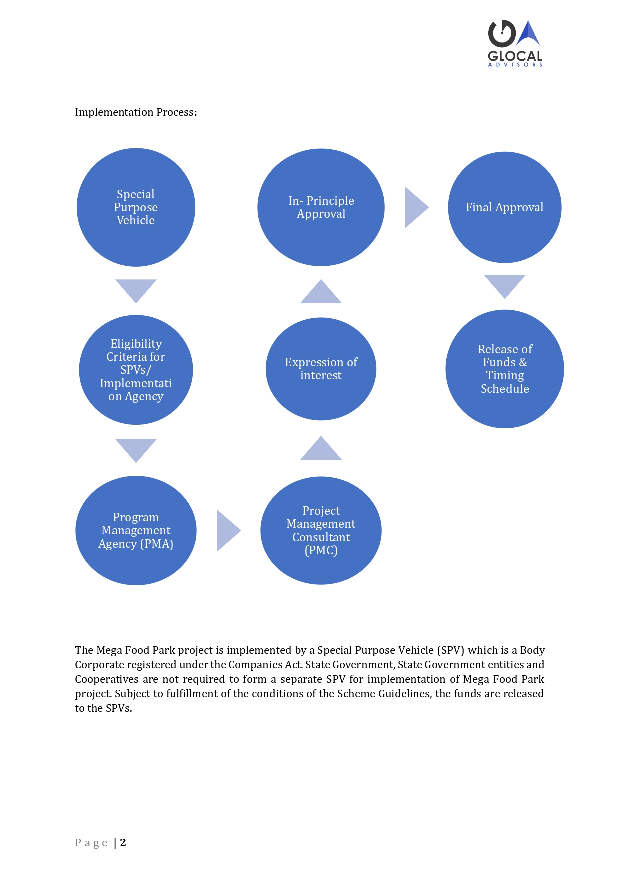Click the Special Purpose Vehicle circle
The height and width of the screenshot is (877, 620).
(x=136, y=207)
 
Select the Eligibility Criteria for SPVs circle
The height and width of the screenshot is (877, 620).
(x=136, y=370)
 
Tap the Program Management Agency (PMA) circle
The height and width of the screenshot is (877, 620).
(x=136, y=530)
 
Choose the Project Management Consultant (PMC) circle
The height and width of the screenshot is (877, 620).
(x=321, y=530)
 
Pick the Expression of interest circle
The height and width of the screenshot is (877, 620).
(x=321, y=369)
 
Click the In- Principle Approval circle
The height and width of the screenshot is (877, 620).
(x=321, y=207)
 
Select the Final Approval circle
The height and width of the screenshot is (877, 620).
(x=505, y=207)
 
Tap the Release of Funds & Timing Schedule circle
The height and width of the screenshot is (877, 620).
(x=505, y=369)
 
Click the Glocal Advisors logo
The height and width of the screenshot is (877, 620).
(x=515, y=43)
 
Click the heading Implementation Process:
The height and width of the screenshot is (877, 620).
(x=136, y=112)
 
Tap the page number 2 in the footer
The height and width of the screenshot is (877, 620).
(x=123, y=842)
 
